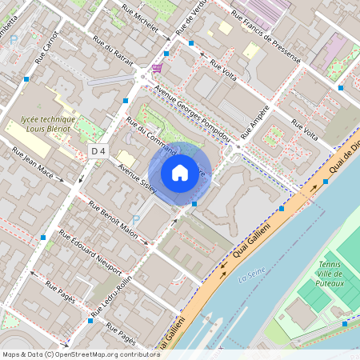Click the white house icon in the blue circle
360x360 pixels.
[180, 173]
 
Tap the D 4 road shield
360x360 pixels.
[98, 150]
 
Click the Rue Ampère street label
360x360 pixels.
[254, 121]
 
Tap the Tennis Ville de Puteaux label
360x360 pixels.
[331, 274]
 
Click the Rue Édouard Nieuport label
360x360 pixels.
[90, 252]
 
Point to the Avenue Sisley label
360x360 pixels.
[136, 178]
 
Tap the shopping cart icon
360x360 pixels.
[156, 70]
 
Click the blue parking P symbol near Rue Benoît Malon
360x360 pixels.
[134, 219]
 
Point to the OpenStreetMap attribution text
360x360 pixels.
[80, 354]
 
